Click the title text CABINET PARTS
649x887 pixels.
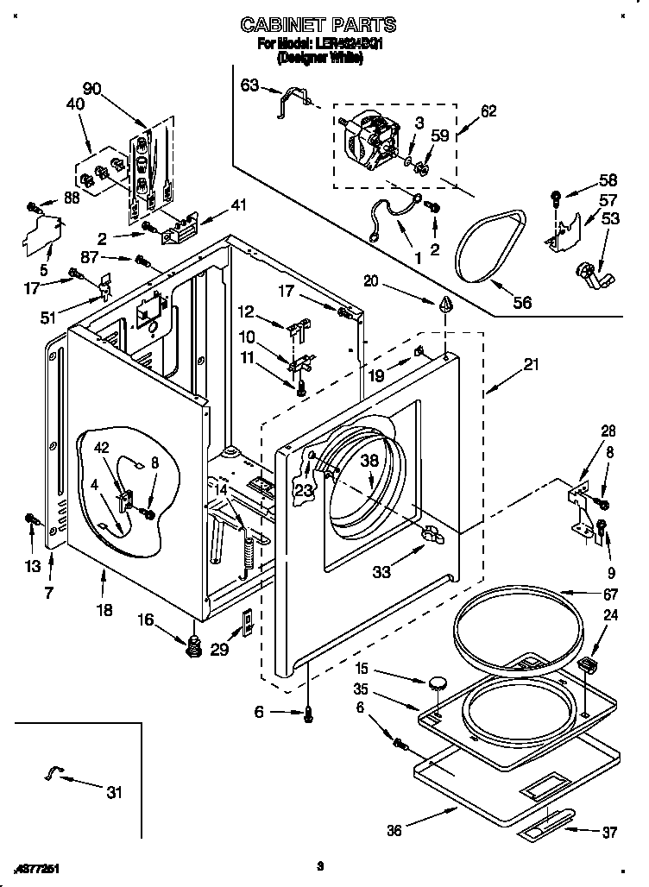pyautogui.click(x=318, y=24)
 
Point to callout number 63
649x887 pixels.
pyautogui.click(x=249, y=85)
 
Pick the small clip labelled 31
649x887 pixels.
pyautogui.click(x=53, y=774)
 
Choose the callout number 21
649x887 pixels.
pyautogui.click(x=530, y=365)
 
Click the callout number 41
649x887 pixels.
pyautogui.click(x=239, y=204)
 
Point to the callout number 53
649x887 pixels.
pyautogui.click(x=609, y=219)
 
